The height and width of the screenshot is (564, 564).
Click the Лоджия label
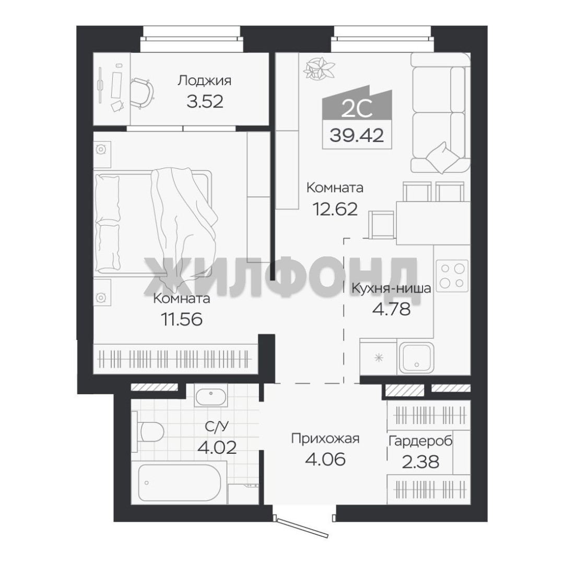(x=204, y=81)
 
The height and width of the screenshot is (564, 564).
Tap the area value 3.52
(x=205, y=101)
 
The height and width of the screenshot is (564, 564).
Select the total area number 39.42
(x=357, y=135)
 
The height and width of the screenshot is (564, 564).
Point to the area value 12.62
(x=335, y=208)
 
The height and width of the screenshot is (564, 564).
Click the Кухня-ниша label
(x=391, y=288)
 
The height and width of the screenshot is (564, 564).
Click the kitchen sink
(x=416, y=358)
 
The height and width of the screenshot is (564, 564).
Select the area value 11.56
(x=182, y=319)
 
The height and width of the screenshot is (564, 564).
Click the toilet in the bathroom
(x=148, y=431)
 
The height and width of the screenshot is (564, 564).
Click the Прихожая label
(x=325, y=439)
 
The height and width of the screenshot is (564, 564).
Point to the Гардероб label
(x=420, y=441)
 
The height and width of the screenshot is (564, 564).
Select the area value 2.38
(x=420, y=462)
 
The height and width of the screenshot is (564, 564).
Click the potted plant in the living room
(x=319, y=68)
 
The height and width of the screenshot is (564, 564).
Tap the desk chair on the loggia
(x=142, y=93)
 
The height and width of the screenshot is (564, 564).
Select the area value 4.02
(x=217, y=448)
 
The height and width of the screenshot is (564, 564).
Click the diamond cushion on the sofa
(x=442, y=158)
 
